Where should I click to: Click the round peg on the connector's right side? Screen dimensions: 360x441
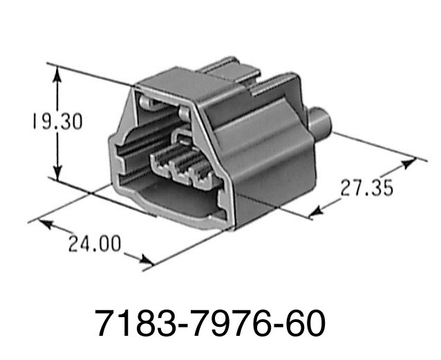[x=322, y=121]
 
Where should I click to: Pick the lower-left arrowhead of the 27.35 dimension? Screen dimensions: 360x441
[x=315, y=212]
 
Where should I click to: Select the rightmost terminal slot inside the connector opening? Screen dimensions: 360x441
[x=204, y=178]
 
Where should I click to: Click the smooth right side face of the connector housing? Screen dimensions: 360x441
[x=266, y=159]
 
